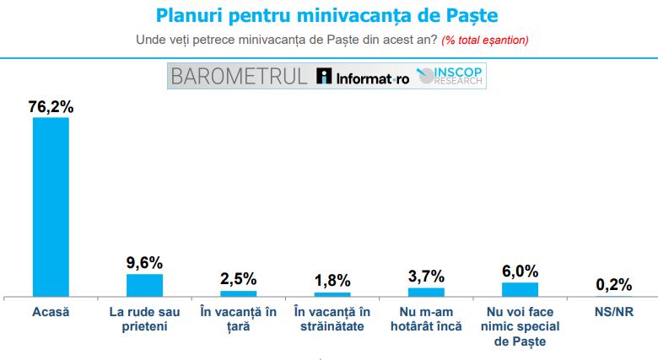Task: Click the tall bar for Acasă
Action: [x=51, y=207]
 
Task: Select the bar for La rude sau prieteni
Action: [x=144, y=285]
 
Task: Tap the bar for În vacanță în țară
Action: [x=238, y=293]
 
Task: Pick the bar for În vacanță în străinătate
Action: [x=332, y=294]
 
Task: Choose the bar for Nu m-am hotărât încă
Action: [x=426, y=292]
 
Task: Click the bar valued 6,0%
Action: [x=520, y=289]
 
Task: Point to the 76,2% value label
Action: [x=51, y=106]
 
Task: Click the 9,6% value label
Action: [x=144, y=262]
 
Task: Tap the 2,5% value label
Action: [x=238, y=279]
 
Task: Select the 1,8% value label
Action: [x=332, y=281]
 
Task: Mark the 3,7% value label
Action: [x=426, y=277]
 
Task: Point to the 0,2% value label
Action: [x=613, y=284]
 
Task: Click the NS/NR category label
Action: [x=613, y=312]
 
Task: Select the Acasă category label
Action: [x=51, y=312]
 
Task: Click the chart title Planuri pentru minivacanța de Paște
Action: [x=327, y=16]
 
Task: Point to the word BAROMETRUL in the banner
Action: [x=239, y=77]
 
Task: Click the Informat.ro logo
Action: [x=364, y=78]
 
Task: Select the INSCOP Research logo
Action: [x=450, y=77]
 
